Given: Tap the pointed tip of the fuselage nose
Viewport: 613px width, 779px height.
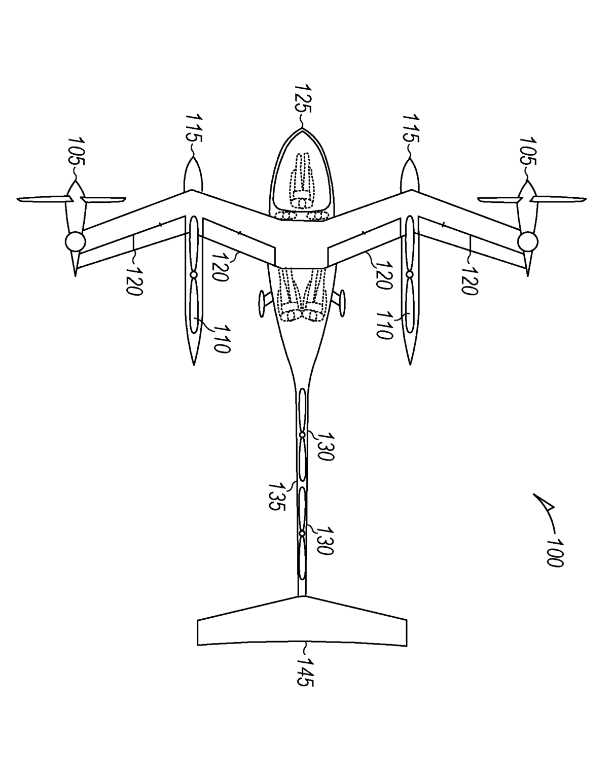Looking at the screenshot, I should tap(302, 129).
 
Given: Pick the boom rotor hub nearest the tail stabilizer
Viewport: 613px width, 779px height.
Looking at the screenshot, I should tap(302, 534).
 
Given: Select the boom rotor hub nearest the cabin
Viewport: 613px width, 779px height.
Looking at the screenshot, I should tap(302, 435).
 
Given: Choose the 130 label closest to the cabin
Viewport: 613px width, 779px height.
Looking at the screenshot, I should tap(326, 446).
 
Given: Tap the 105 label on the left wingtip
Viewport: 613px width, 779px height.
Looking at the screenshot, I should tap(77, 151).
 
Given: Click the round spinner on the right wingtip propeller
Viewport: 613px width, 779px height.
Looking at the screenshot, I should tap(528, 241).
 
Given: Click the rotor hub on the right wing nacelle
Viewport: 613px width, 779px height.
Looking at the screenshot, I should tap(409, 274).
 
